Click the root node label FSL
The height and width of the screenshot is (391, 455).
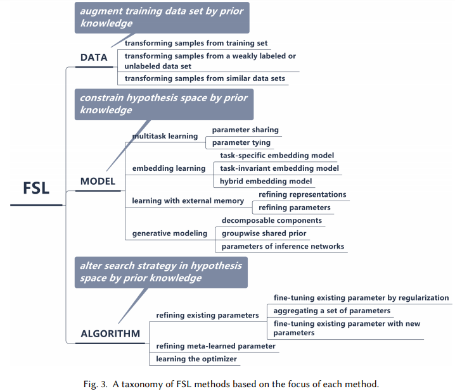[x=36, y=189]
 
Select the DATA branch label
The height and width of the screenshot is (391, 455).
[x=94, y=58]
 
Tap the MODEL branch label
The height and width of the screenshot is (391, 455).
[x=98, y=182]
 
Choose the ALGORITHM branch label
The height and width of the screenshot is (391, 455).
[x=110, y=333]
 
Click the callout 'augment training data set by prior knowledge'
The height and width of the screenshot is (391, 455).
[x=162, y=17]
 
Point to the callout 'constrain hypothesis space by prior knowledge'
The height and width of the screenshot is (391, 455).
[x=163, y=104]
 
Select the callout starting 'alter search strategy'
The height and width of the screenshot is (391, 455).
[x=160, y=271]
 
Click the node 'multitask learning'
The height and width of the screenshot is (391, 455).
[x=165, y=136]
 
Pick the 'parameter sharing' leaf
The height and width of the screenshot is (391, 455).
[x=245, y=130]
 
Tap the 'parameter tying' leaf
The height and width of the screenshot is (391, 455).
[x=241, y=142]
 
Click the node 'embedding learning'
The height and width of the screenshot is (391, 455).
[x=169, y=168]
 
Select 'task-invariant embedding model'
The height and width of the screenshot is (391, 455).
[x=279, y=168]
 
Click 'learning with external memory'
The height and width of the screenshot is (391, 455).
[x=188, y=201]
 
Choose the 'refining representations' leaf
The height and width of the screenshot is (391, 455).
[x=302, y=194]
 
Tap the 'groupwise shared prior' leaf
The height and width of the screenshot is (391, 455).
[x=264, y=233]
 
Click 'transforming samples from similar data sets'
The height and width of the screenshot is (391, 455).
[x=205, y=78]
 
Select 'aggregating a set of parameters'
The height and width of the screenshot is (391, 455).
[x=332, y=311]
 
